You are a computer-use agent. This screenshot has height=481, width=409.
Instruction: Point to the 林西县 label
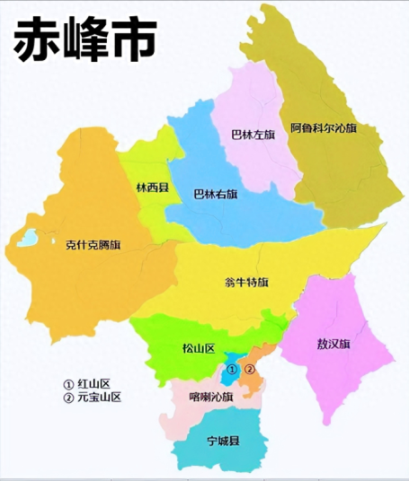click(150, 188)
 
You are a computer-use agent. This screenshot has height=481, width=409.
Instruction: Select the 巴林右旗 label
click(216, 193)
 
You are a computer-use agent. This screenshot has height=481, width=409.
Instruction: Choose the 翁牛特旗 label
click(245, 283)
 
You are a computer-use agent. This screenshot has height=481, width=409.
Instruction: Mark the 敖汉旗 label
click(333, 344)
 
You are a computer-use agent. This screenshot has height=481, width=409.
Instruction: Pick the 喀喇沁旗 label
click(211, 396)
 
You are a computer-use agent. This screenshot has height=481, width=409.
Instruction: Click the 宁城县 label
click(222, 442)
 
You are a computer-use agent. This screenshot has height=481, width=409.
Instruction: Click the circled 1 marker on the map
click(231, 369)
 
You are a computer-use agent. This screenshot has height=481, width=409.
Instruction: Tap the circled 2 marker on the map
click(251, 369)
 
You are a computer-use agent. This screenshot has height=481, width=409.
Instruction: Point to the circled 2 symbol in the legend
click(68, 397)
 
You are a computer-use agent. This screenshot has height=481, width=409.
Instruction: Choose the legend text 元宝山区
click(99, 397)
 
